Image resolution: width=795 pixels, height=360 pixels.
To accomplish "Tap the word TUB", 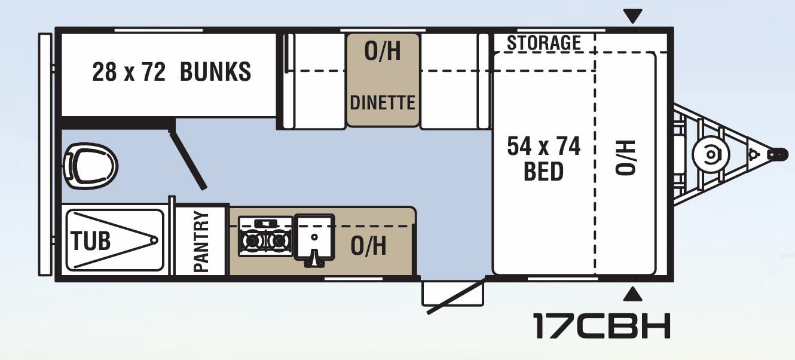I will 91,241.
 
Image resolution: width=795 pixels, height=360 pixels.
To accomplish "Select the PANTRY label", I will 201,242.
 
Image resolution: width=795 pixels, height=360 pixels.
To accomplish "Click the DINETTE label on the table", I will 383,102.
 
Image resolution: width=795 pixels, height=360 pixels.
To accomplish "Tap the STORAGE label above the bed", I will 543,43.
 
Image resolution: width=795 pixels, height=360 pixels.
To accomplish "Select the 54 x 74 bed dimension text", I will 543,146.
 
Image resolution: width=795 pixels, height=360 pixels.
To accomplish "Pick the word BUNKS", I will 215,72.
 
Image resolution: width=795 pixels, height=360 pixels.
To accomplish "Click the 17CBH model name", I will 601,325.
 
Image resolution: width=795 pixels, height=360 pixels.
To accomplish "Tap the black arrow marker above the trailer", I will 632,15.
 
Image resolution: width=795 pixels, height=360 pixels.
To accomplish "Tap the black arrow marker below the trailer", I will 632,294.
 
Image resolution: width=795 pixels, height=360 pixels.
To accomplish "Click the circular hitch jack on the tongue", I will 710,154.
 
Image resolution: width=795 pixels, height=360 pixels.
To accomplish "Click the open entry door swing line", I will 454,297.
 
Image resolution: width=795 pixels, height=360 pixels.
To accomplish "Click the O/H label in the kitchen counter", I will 368,246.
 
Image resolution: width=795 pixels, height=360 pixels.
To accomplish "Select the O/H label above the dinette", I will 383,52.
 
